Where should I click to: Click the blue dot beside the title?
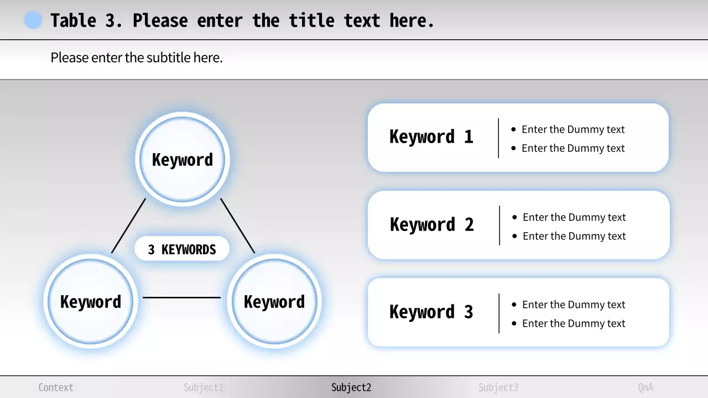tap(33, 20)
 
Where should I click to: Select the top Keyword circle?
tap(183, 159)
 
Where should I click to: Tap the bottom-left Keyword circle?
tap(91, 301)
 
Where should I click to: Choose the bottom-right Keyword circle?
tap(274, 301)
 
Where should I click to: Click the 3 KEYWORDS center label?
tap(182, 249)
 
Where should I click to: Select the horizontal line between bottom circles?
tap(182, 297)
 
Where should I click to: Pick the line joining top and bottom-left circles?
tap(128, 226)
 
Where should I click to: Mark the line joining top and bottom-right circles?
tap(238, 226)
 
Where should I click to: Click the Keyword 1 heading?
tap(431, 137)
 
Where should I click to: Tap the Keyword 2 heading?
tap(432, 224)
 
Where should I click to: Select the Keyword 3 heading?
tap(431, 312)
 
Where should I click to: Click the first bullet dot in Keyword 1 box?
tap(513, 129)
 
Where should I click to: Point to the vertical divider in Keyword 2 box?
tap(499, 225)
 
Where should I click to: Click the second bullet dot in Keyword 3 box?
tap(514, 323)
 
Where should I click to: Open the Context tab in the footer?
tap(56, 387)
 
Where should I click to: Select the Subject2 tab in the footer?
tap(351, 387)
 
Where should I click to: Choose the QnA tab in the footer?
tap(645, 387)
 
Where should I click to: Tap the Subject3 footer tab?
tap(498, 387)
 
